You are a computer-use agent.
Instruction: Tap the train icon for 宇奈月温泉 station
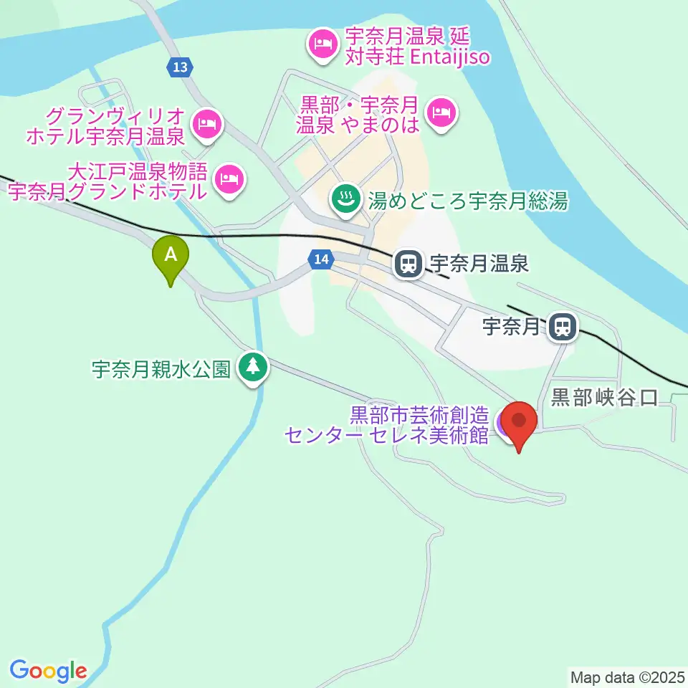point(408,264)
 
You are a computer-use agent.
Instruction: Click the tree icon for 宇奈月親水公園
point(252,368)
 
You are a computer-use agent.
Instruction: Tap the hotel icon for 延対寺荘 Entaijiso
point(320,45)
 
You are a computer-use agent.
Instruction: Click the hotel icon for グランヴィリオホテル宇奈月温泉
point(209,124)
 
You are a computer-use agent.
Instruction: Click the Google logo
point(48,671)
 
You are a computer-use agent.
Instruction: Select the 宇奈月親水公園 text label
point(161,370)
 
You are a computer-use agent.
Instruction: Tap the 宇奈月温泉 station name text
point(479,264)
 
